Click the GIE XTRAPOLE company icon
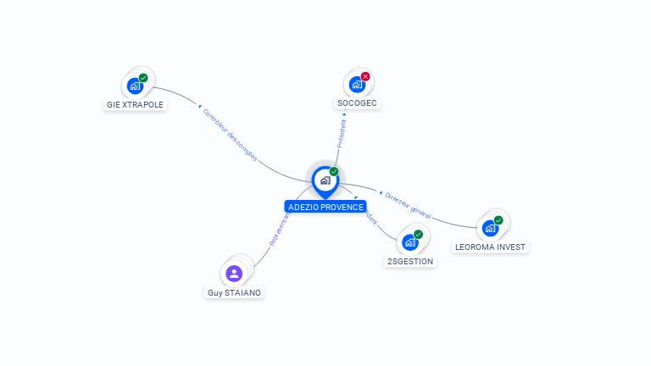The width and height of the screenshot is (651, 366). [135, 86]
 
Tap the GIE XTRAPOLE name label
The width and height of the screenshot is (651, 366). [136, 105]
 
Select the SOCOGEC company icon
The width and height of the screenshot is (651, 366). [357, 85]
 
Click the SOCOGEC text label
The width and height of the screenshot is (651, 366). [357, 103]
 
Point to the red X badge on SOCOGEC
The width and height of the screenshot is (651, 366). [365, 77]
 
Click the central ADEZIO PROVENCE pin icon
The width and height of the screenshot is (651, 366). [325, 180]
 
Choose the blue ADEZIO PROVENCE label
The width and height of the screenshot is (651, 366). [325, 207]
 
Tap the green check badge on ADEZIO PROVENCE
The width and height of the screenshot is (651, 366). [334, 172]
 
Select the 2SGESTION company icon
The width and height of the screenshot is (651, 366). [410, 243]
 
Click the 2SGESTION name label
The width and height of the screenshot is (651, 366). [410, 262]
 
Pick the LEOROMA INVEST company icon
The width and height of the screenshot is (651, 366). [490, 228]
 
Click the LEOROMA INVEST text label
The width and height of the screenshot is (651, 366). [490, 247]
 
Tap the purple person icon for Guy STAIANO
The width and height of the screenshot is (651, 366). [235, 274]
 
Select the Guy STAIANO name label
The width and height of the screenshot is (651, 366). [235, 293]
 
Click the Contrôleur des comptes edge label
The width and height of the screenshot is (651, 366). [230, 134]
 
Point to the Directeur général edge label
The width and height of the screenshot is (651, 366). [408, 205]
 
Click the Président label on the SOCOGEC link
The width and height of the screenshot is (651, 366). [342, 133]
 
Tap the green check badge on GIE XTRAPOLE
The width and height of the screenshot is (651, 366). [143, 78]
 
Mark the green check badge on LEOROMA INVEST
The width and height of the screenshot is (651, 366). [498, 220]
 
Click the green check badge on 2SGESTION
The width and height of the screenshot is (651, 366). [418, 235]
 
